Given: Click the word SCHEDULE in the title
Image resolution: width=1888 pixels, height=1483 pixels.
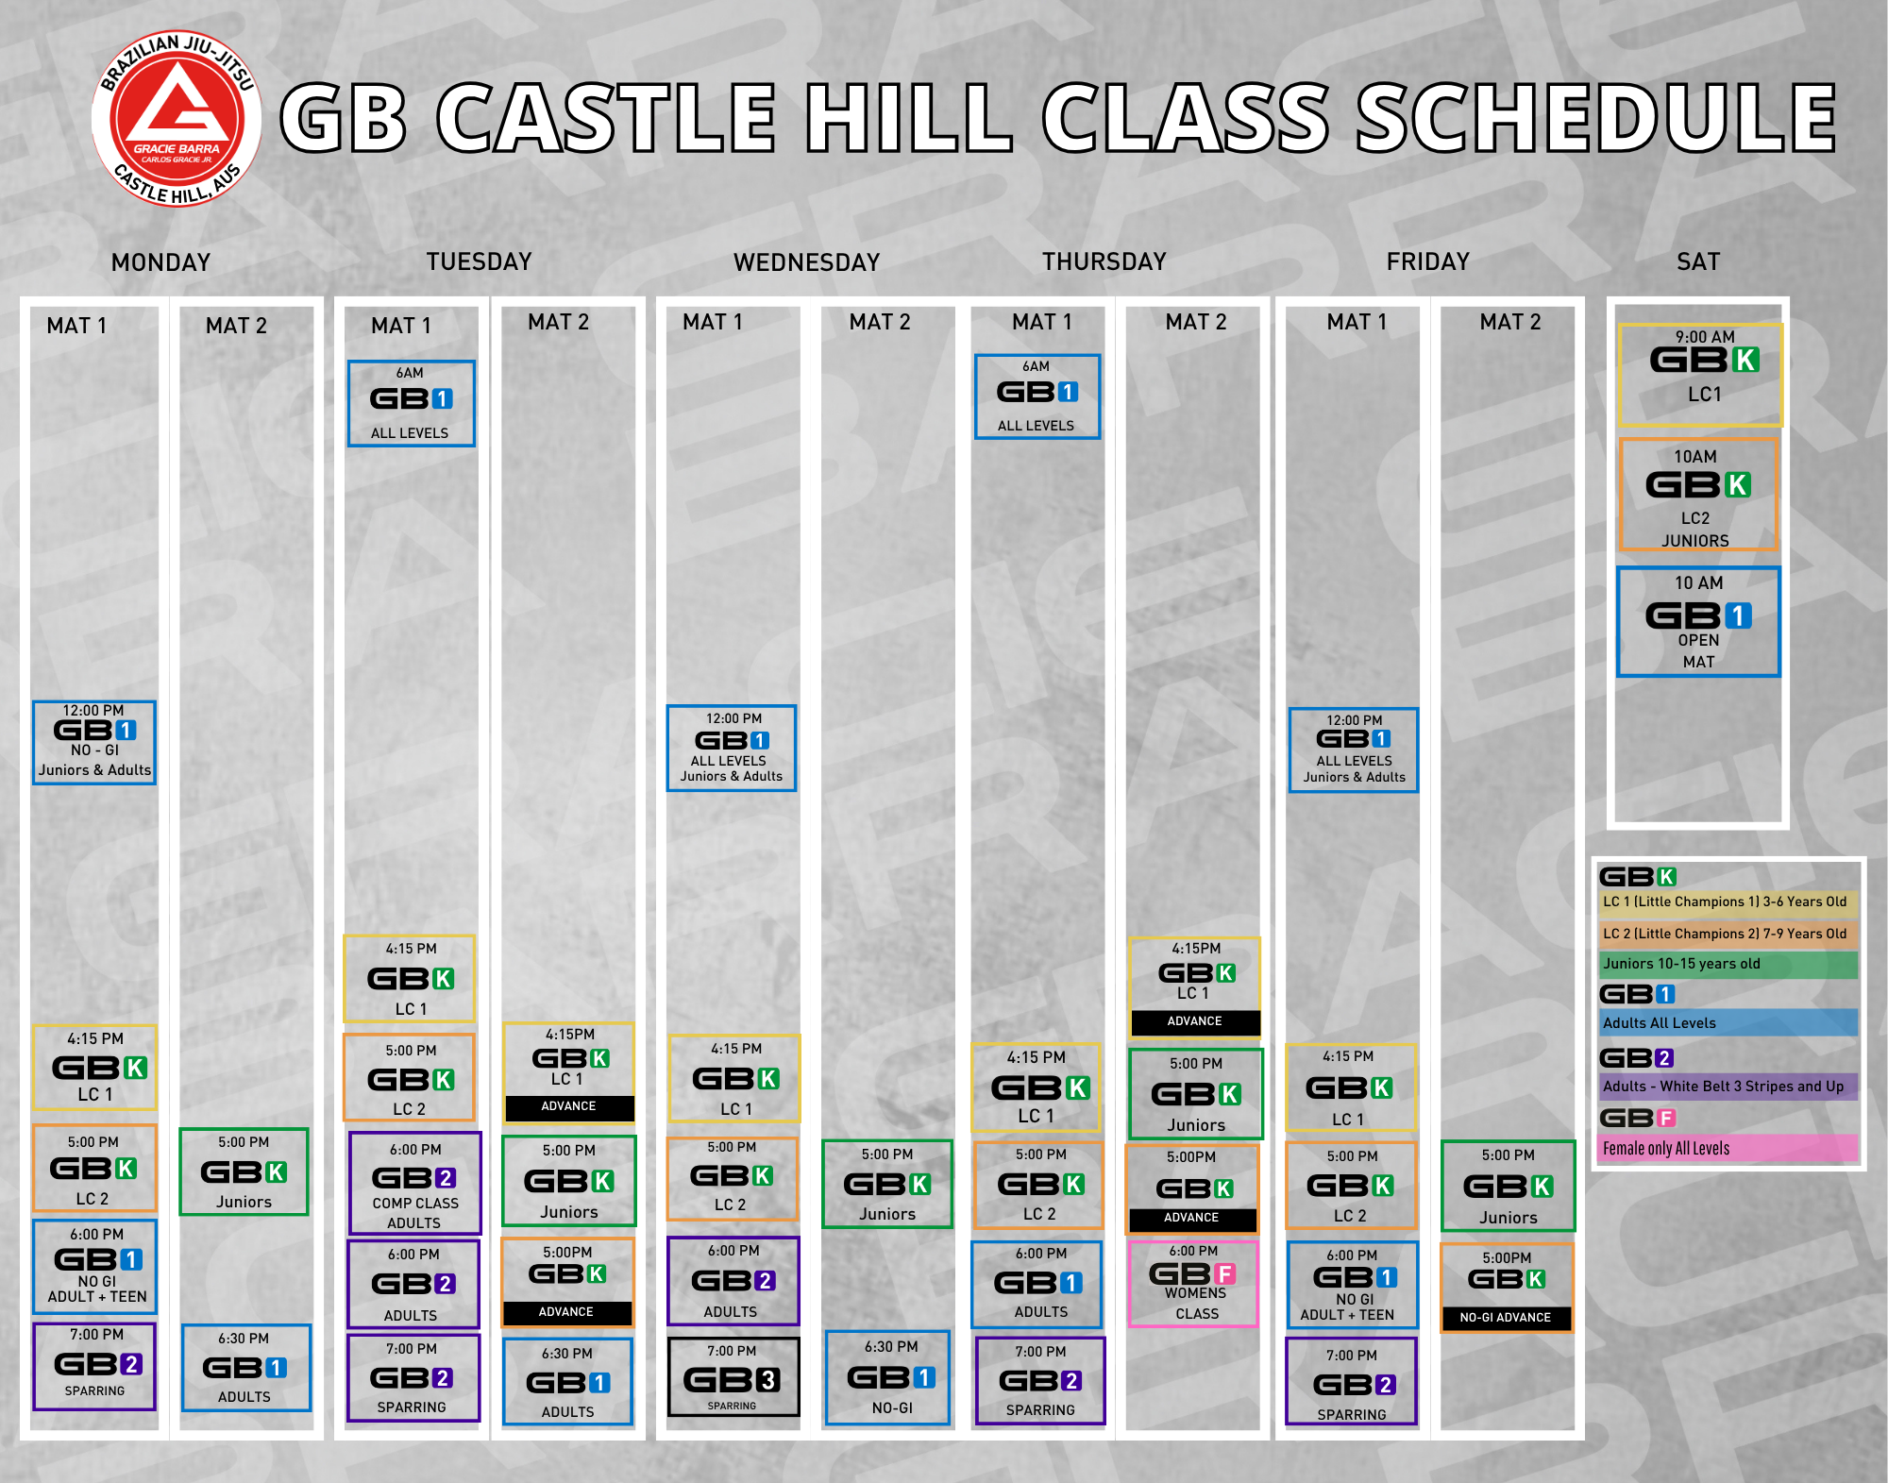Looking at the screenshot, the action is pos(1595,117).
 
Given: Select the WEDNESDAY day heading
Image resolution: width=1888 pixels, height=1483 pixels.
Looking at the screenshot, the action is pos(806,262).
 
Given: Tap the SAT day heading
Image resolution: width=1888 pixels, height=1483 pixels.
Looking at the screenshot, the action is pos(1698,261).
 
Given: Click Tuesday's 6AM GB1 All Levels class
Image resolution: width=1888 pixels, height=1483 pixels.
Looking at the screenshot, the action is pos(411,403).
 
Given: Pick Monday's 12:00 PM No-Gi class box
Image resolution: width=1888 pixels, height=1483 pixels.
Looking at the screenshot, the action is pos(94,743).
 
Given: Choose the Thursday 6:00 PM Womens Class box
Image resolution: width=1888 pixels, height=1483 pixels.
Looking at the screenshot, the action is pos(1194,1284).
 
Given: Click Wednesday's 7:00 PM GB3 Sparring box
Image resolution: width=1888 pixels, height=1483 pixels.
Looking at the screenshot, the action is pos(733,1376).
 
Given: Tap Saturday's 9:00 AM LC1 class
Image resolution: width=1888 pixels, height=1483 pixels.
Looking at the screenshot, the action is pos(1701,375).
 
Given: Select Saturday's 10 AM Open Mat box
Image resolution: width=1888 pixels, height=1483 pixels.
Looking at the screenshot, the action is pos(1698,622).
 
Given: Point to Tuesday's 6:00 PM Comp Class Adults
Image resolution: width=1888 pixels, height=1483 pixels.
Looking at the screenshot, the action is pos(415,1184).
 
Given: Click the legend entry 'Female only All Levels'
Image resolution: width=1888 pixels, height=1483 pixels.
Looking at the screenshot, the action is pos(1728,1149).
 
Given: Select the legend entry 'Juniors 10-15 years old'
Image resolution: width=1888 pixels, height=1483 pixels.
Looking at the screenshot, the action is pos(1728,964).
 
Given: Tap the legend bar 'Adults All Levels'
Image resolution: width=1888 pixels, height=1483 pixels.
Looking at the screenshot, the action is pos(1728,1022).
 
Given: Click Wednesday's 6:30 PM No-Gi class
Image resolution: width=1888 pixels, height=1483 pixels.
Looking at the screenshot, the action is pos(888,1377).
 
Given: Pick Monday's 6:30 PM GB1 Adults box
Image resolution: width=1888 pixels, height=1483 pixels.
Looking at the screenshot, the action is pos(245,1368).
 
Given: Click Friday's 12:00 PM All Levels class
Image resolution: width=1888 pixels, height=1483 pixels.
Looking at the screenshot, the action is pos(1354,750).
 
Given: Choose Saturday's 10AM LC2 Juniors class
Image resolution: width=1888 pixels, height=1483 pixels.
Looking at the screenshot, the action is pos(1698,495).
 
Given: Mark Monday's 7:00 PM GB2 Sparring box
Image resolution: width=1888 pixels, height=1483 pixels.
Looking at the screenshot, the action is pos(94,1366).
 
